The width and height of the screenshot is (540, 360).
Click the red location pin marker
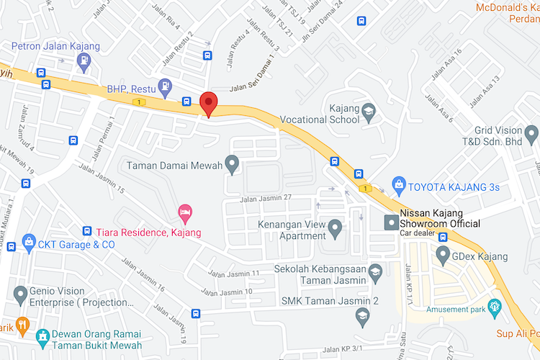208,104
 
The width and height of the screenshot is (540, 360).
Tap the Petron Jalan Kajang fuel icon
85,60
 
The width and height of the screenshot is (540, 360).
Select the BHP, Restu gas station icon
166,86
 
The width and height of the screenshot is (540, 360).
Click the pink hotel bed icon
184,212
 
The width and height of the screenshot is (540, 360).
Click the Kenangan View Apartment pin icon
334,230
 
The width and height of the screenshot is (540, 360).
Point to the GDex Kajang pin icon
441,256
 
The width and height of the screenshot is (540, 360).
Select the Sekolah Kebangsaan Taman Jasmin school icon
374,271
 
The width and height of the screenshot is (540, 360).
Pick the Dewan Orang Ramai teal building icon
43,336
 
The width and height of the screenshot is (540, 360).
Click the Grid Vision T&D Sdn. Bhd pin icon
531,134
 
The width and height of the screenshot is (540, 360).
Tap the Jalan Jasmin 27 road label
266,198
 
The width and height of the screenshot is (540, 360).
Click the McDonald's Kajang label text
508,7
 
